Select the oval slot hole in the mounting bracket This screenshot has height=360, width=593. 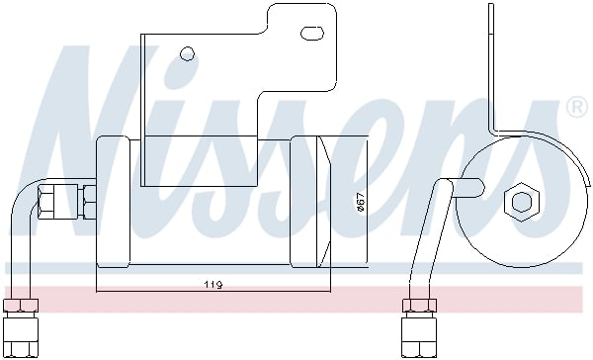pyautogui.click(x=311, y=34)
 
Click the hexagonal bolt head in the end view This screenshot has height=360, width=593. pyautogui.click(x=519, y=203)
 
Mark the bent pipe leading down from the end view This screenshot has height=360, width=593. pyautogui.click(x=427, y=237)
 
